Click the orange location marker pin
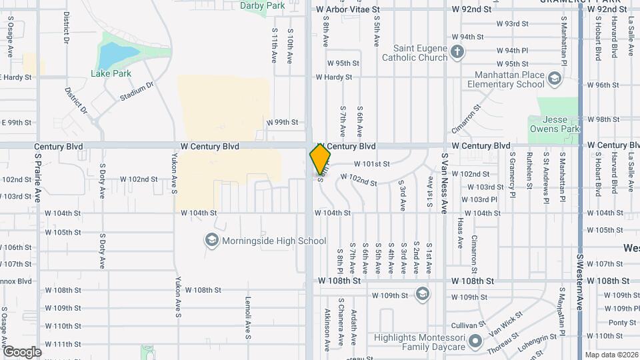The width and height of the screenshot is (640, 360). pyautogui.click(x=320, y=159)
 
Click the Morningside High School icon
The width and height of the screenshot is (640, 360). pyautogui.click(x=212, y=240)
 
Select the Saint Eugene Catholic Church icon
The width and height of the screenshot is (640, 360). pyautogui.click(x=457, y=53)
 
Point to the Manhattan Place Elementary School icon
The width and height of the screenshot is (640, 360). pyautogui.click(x=554, y=80)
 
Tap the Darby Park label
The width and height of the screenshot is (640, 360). pyautogui.click(x=263, y=5)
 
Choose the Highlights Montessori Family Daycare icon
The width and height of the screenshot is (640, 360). pyautogui.click(x=475, y=343)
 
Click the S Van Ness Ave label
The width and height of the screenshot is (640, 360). pyautogui.click(x=444, y=183)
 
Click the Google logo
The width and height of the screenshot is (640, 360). pyautogui.click(x=21, y=351)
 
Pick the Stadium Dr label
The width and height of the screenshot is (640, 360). pyautogui.click(x=137, y=91)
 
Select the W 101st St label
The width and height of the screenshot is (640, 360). pyautogui.click(x=371, y=163)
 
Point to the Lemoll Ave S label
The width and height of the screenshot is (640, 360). pyautogui.click(x=247, y=317)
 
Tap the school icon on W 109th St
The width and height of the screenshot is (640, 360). pyautogui.click(x=422, y=294)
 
